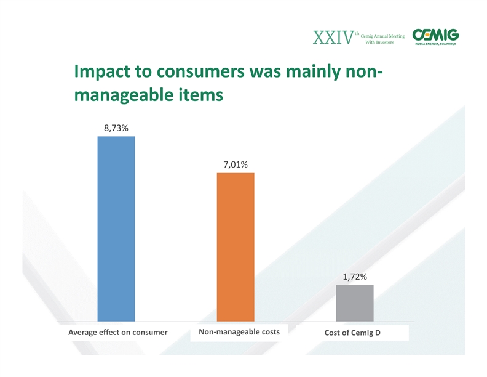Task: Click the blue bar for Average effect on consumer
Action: click(x=116, y=229)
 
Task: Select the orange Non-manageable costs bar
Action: click(x=236, y=247)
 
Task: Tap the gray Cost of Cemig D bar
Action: click(x=355, y=303)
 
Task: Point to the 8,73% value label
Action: click(x=116, y=128)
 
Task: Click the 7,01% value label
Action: click(x=236, y=164)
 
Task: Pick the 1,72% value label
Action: click(x=355, y=277)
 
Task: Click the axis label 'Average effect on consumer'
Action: click(x=117, y=333)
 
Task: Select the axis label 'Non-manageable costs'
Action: click(x=239, y=332)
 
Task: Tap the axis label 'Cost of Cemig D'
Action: click(x=352, y=333)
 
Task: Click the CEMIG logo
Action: click(x=435, y=35)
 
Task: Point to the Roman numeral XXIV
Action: click(x=333, y=38)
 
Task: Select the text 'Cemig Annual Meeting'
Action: click(x=382, y=36)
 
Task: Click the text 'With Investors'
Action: click(x=379, y=43)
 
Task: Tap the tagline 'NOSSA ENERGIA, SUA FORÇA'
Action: click(x=435, y=44)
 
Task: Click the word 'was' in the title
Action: click(x=265, y=71)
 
